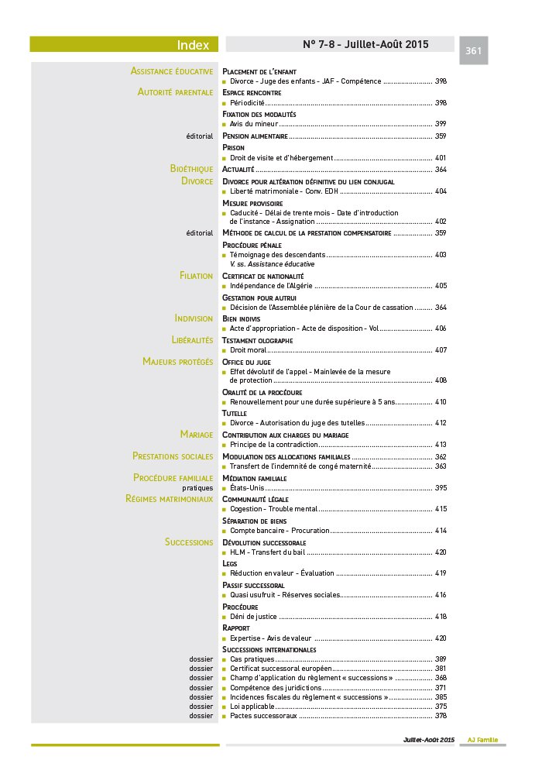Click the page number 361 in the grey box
[474, 51]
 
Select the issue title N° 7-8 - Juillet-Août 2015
[365, 44]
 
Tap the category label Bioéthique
[191, 168]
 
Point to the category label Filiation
[196, 276]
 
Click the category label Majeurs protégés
[177, 361]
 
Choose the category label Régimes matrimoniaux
[169, 499]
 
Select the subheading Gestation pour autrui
[259, 298]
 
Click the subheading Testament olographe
[257, 340]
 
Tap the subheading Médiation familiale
[254, 478]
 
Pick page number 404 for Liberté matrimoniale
[441, 191]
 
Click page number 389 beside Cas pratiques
[441, 659]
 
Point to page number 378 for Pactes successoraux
[441, 715]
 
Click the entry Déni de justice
[254, 617]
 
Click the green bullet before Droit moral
[225, 350]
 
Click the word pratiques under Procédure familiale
[197, 488]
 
